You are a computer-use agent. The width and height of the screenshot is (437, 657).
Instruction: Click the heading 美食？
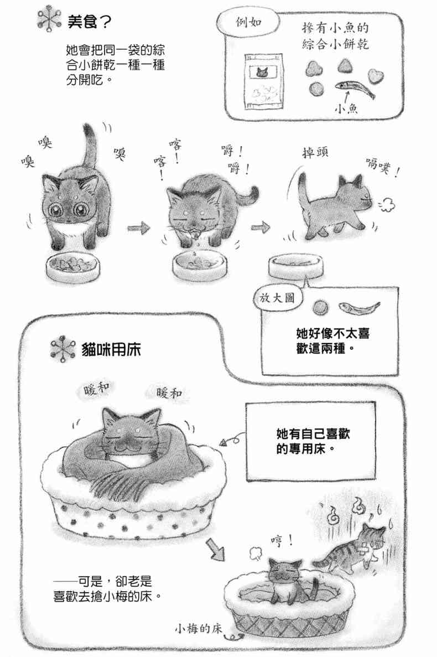tap(89, 22)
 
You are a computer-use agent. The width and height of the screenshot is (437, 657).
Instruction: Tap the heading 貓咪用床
tap(111, 349)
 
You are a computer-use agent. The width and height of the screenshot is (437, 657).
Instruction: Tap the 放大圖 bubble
tap(277, 298)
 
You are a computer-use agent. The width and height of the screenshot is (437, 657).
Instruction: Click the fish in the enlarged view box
tap(359, 308)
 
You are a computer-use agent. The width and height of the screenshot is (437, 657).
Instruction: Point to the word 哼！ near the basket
tap(282, 542)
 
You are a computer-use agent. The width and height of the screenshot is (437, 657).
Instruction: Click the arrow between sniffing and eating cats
tap(138, 228)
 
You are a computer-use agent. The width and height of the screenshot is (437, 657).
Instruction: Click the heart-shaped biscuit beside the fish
tap(374, 75)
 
